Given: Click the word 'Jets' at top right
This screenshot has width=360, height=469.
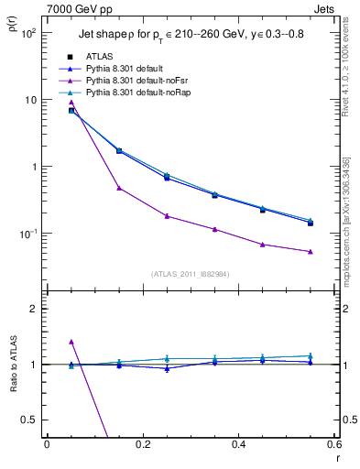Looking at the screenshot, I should [x=324, y=8].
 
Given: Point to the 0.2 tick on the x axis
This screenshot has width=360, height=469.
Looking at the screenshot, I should [x=142, y=445].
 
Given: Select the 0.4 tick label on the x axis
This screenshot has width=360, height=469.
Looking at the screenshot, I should [x=238, y=445].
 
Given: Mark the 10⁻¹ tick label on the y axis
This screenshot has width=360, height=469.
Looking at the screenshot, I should [x=28, y=234].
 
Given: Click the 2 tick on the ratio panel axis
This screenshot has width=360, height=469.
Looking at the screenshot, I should [x=33, y=309].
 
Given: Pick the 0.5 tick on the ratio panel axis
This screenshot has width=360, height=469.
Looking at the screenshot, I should [x=29, y=420].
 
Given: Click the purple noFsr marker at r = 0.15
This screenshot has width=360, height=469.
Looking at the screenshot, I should [x=119, y=188].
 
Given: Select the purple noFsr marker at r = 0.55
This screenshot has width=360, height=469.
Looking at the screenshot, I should [x=311, y=251].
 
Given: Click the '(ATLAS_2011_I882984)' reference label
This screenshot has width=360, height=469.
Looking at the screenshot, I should [x=191, y=273].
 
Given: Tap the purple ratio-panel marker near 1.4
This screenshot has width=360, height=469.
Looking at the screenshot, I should [x=71, y=342].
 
